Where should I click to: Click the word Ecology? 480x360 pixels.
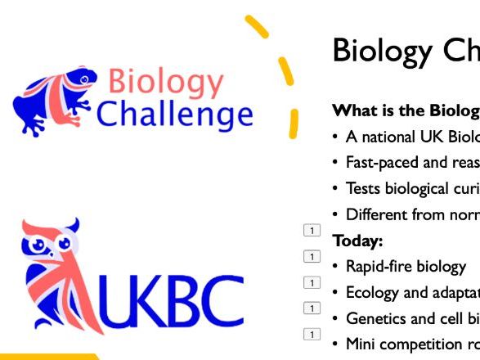coord(373,293)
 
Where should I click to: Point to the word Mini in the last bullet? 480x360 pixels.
coord(361,344)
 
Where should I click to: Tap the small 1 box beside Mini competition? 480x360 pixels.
coord(311,334)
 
